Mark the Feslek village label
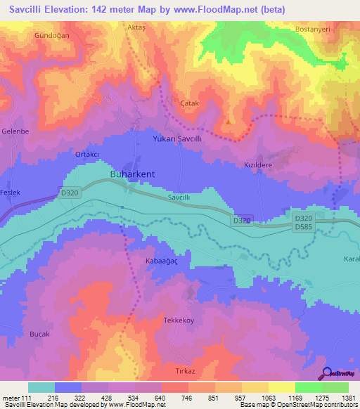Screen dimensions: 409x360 [11, 192]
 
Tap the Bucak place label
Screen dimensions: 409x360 [39, 335]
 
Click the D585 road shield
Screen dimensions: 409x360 [304, 226]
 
